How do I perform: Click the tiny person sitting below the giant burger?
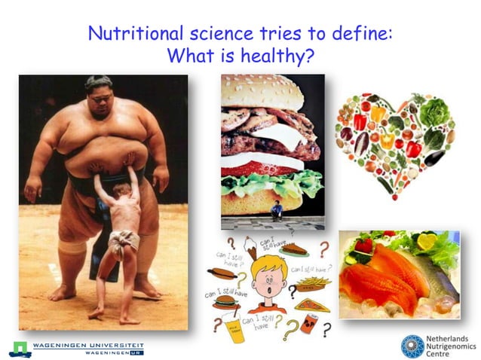pos(277,210)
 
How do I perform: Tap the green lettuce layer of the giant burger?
pos(268,181)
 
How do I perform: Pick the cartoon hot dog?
pos(222,272)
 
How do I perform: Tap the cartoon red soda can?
pos(308,325)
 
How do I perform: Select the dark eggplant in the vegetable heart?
pos(434,157)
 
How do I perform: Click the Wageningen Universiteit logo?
pos(75,349)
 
